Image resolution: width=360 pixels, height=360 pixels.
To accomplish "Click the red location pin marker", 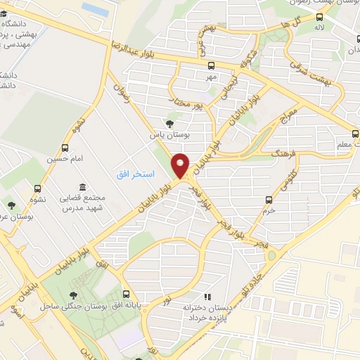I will point(181,165).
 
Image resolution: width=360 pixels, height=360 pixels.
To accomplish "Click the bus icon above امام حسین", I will point(65,148).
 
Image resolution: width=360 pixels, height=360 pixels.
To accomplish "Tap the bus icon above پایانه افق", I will point(126,294).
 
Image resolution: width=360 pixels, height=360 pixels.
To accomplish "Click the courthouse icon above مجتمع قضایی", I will point(83,188).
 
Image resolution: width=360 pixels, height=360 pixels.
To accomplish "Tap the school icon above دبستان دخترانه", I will point(207,297).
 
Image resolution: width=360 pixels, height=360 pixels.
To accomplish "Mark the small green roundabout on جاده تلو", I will point(271,255).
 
